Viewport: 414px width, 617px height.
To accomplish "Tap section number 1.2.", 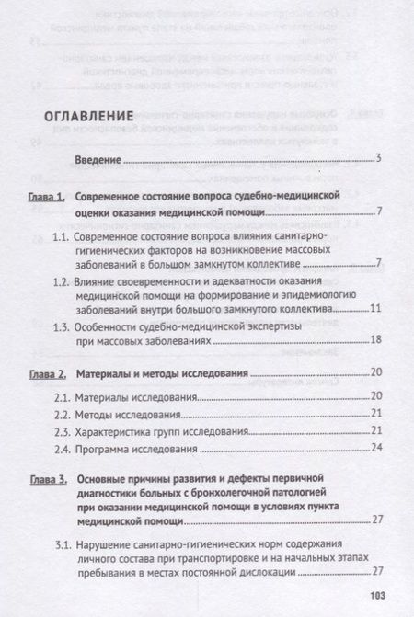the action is [x=62, y=280].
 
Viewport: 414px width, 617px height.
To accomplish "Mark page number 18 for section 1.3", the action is [x=375, y=340].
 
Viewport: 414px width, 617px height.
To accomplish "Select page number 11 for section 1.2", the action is [x=375, y=309].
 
